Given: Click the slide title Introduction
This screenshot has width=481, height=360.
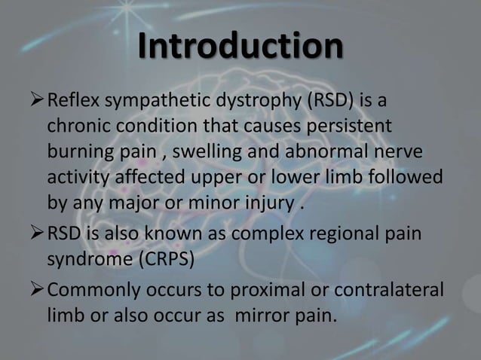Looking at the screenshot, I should point(240,47).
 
